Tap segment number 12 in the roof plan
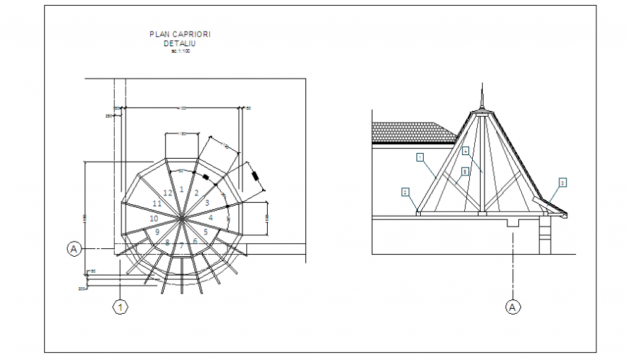click(x=167, y=193)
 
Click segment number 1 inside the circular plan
click(x=182, y=189)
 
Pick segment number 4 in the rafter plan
click(x=211, y=217)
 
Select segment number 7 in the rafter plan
click(x=182, y=247)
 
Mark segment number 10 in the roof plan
click(x=154, y=218)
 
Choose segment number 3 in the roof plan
click(x=206, y=203)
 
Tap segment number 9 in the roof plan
click(x=157, y=232)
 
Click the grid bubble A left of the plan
click(x=73, y=249)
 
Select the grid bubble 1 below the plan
click(x=121, y=308)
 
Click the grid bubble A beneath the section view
click(x=512, y=307)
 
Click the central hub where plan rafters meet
click(x=182, y=217)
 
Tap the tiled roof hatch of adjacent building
click(x=411, y=132)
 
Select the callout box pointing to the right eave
click(x=562, y=183)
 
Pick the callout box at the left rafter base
click(x=406, y=192)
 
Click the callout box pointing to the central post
click(x=466, y=151)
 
